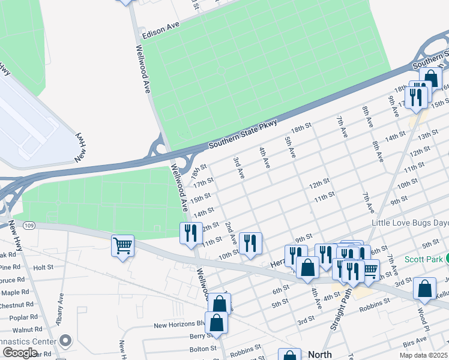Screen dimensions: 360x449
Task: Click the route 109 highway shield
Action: tap(29, 226)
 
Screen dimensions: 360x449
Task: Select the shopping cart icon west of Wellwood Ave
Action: tap(122, 245)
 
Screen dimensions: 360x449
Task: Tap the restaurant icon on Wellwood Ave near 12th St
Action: tap(191, 233)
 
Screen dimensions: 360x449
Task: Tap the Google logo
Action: tap(19, 353)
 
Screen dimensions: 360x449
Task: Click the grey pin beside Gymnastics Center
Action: tap(65, 341)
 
